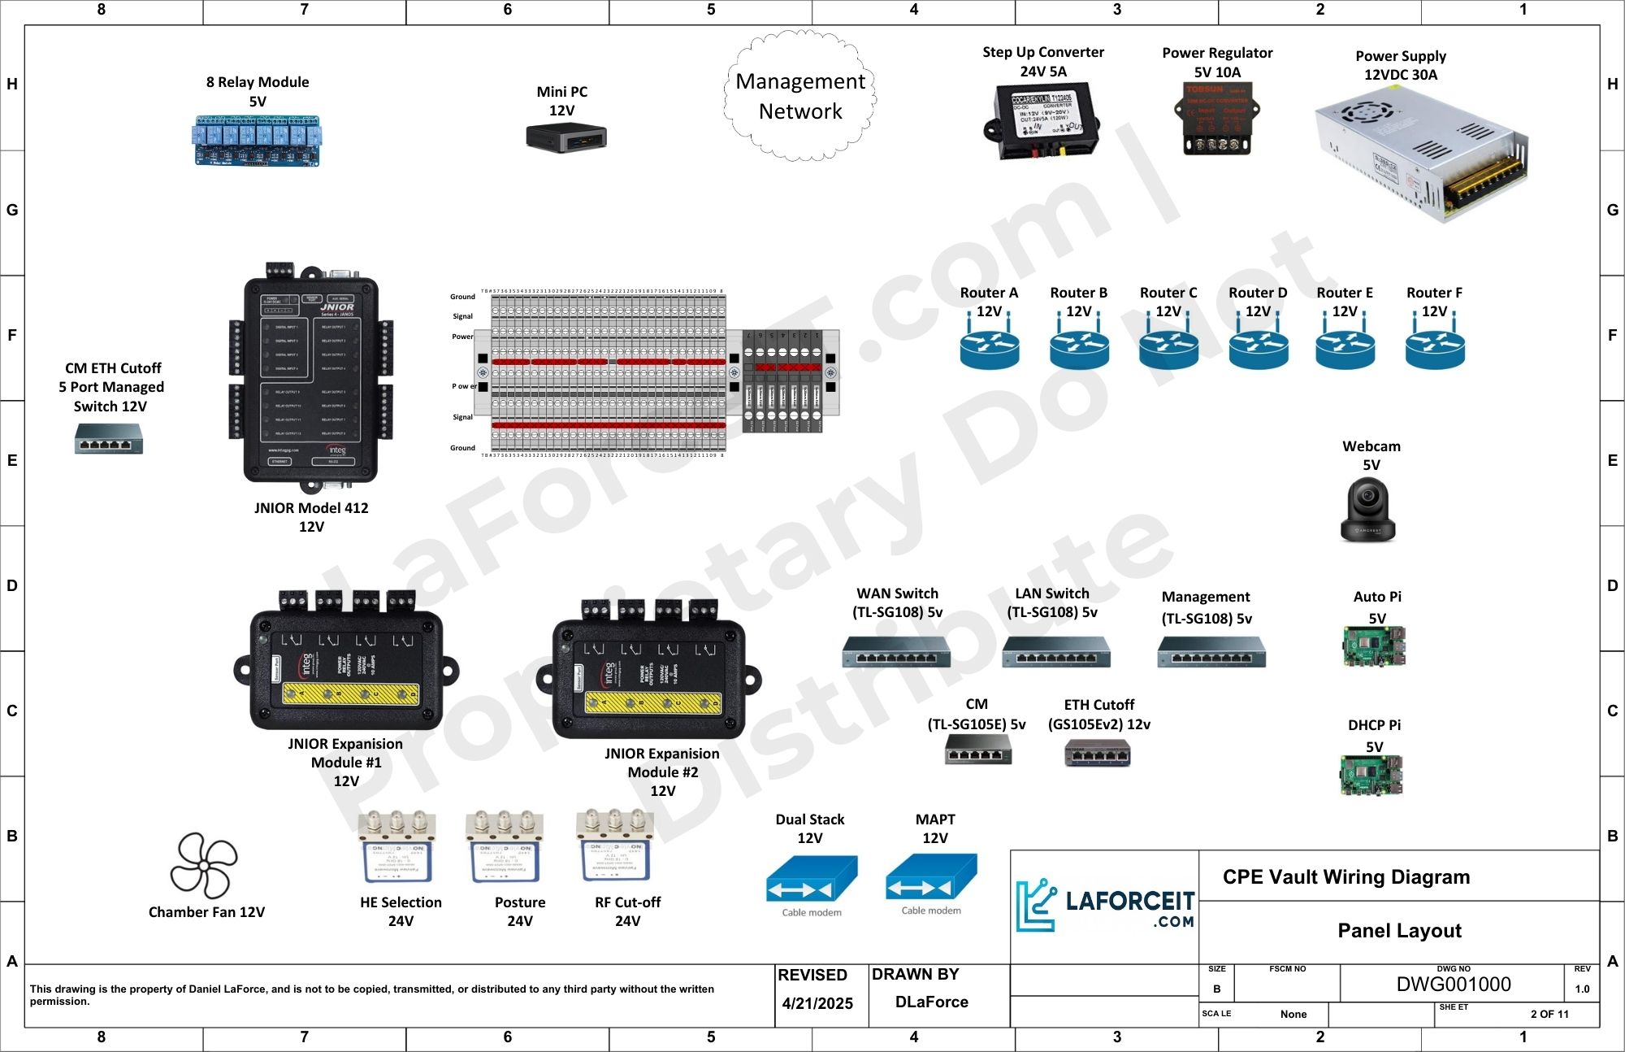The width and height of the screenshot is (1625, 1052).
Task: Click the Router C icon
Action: pos(1168,348)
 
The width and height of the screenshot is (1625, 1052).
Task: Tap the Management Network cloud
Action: pos(800,96)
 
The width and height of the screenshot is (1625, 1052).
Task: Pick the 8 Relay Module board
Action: pos(257,141)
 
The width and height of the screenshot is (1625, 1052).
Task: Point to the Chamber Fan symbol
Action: pos(203,865)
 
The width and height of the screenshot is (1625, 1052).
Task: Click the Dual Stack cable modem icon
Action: pos(811,880)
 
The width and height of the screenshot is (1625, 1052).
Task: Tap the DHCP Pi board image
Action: pos(1371,776)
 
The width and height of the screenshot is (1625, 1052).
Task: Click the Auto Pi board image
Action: pos(1373,647)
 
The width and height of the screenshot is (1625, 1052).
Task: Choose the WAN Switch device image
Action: pos(895,652)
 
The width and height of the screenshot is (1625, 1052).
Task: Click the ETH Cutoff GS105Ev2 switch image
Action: pos(1097,754)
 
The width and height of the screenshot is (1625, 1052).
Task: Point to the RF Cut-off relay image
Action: pos(615,847)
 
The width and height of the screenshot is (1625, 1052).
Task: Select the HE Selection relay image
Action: pos(396,847)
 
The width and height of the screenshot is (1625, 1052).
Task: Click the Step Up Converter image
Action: pos(1042,122)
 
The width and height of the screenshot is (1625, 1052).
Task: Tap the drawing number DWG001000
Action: pos(1453,985)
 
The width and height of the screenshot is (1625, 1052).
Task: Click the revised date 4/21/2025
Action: pos(817,1003)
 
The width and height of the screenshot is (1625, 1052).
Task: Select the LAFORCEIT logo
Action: pos(1105,905)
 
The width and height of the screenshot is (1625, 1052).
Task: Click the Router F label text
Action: pos(1434,293)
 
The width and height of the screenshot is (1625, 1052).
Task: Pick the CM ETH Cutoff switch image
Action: pos(109,439)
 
